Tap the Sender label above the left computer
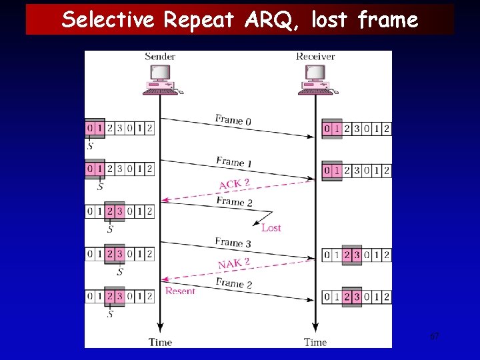click(x=160, y=56)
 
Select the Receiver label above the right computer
click(x=315, y=56)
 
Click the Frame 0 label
click(x=233, y=120)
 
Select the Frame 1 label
click(x=234, y=161)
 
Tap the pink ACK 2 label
click(x=235, y=183)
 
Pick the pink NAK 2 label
click(x=234, y=264)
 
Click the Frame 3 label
click(x=233, y=243)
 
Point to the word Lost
click(x=271, y=228)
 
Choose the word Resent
click(x=180, y=291)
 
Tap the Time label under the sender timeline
click(x=160, y=342)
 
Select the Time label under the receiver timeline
click(x=315, y=342)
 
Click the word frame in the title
click(x=388, y=20)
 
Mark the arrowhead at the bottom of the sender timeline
click(x=160, y=329)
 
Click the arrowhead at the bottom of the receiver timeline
click(x=315, y=329)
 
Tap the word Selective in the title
click(x=111, y=20)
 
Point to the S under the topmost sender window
click(x=90, y=145)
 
